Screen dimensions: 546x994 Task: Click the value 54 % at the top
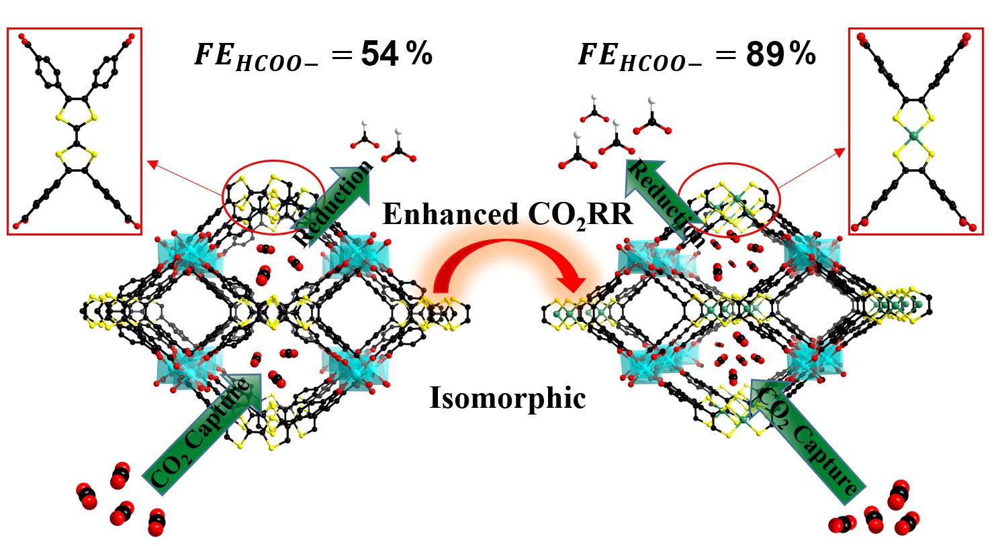[x=396, y=54]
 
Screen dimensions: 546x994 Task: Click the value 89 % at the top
[x=780, y=54]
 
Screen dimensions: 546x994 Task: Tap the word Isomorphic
[x=508, y=398]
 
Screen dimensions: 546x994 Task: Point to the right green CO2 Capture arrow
[x=806, y=436]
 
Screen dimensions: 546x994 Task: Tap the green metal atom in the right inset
[x=914, y=136]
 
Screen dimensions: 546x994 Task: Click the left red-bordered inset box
[x=75, y=131]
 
